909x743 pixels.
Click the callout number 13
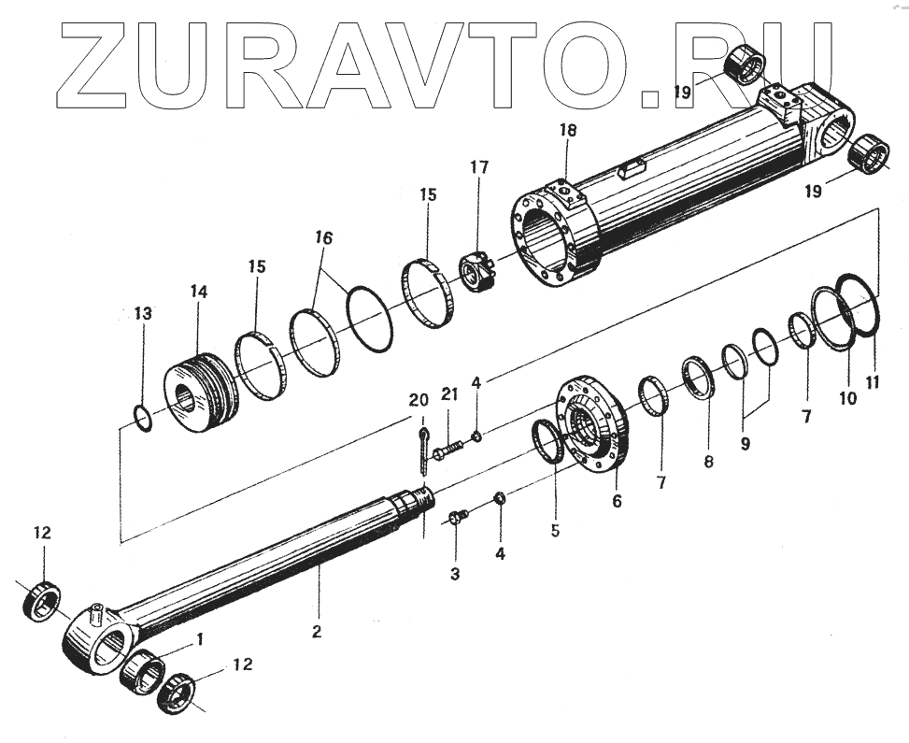pos(141,312)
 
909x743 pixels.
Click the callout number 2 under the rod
pos(317,632)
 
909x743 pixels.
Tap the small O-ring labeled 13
pos(141,417)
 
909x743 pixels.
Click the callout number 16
pos(322,239)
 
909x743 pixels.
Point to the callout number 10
pos(847,398)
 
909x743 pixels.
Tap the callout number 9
pos(745,444)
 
